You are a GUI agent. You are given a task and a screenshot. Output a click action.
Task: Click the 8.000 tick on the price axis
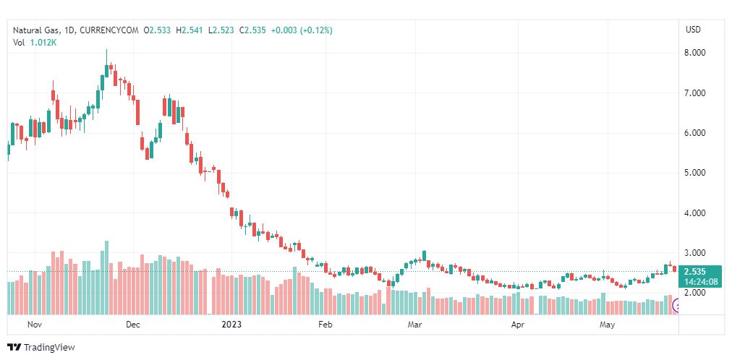coord(694,53)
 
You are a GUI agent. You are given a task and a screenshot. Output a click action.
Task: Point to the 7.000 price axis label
coord(694,93)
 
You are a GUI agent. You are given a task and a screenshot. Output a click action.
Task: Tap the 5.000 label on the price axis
coord(694,173)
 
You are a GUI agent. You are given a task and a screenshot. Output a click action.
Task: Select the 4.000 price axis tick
coord(694,213)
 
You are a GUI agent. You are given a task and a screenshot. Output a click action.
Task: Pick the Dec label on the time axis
coord(132,325)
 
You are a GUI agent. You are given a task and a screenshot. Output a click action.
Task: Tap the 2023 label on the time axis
coord(232,325)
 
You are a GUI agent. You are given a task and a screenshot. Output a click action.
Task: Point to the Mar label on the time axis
coord(414,325)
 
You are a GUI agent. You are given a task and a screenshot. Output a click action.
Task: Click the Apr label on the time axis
coord(518,325)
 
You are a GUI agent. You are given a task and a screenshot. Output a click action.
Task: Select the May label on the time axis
coord(608,325)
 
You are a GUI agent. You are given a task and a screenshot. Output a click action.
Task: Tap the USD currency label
coord(693,30)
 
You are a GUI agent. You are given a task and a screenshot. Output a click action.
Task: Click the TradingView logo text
coord(49,348)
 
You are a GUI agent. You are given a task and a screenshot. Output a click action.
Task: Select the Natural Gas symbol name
coord(35,30)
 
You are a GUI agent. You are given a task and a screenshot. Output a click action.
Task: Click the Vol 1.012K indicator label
coord(35,43)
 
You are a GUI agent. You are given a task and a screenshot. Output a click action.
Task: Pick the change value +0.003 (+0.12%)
coord(302,30)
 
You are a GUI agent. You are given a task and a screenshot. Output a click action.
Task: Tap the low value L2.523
coord(221,30)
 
